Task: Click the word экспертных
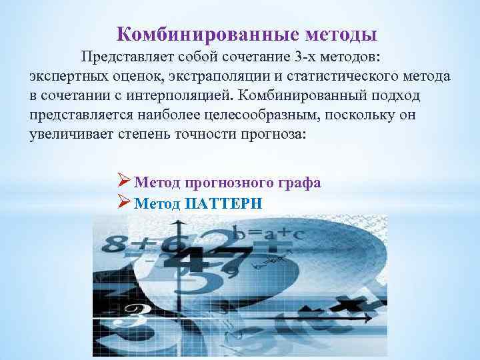(x=64, y=75)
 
